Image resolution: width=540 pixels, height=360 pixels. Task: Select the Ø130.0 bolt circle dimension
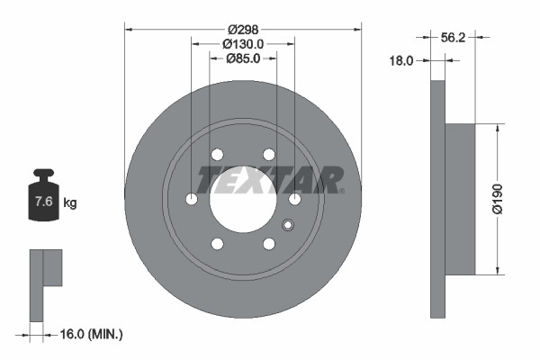tap(242, 42)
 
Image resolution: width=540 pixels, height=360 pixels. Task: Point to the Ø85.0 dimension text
tap(242, 59)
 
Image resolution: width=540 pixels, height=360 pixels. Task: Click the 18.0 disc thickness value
tap(401, 61)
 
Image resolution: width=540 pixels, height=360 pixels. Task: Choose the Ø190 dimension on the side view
tap(509, 199)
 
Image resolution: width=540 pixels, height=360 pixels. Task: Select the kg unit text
tap(70, 202)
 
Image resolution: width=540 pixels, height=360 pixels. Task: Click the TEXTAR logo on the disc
tap(270, 180)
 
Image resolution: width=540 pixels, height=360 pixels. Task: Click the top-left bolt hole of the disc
tap(216, 155)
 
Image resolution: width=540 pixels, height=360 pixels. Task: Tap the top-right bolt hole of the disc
tap(268, 155)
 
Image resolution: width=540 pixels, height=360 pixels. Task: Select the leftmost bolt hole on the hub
tap(191, 199)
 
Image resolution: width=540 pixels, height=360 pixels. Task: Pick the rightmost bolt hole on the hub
tap(295, 199)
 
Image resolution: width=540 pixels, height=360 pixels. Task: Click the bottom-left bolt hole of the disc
tap(216, 244)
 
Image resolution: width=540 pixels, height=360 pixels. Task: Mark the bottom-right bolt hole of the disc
tap(268, 244)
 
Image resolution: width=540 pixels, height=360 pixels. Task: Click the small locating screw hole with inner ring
tap(288, 225)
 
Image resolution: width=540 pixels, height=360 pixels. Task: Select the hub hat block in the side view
tap(460, 199)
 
